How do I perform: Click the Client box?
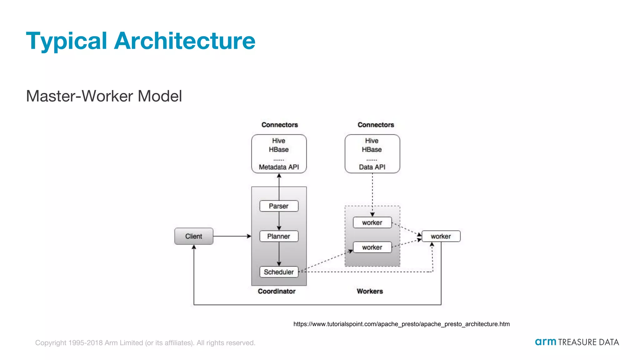(194, 236)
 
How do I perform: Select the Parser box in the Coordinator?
(279, 206)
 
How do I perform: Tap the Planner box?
(279, 236)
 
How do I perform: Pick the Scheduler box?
(279, 272)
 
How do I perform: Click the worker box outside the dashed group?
(441, 236)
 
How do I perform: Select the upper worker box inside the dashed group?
(372, 222)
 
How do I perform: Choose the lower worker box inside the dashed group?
(372, 247)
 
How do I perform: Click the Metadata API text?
(279, 167)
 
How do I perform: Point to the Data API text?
(372, 167)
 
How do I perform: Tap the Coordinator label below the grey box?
(277, 291)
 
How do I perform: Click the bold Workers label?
(370, 291)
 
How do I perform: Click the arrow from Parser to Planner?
(279, 221)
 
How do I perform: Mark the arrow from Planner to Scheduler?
(279, 254)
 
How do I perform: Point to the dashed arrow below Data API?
(372, 194)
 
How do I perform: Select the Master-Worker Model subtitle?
(104, 96)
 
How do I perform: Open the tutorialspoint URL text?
(401, 324)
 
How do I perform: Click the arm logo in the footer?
(545, 342)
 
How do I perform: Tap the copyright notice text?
(145, 343)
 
